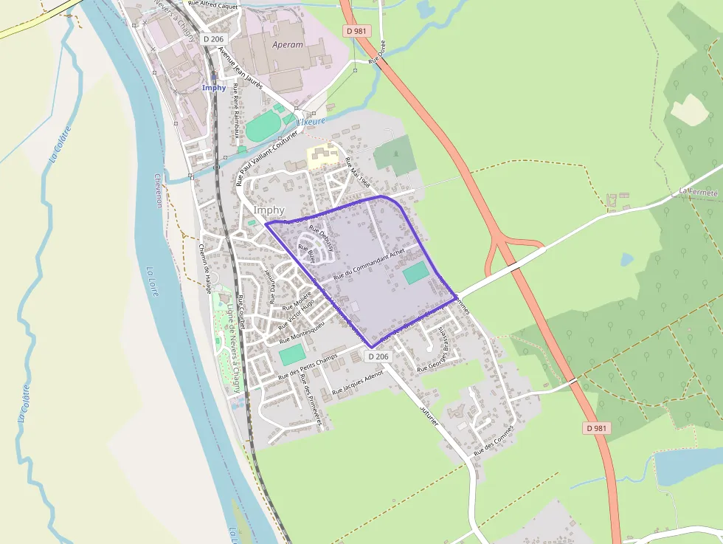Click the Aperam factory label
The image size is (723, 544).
(288, 45)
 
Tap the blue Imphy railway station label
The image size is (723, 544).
(214, 88)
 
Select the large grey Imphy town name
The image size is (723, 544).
(269, 210)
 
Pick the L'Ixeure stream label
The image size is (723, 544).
(310, 121)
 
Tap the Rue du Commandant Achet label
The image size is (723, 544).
(370, 265)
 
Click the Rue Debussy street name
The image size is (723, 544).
(322, 238)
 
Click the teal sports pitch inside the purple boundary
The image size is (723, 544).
(415, 272)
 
